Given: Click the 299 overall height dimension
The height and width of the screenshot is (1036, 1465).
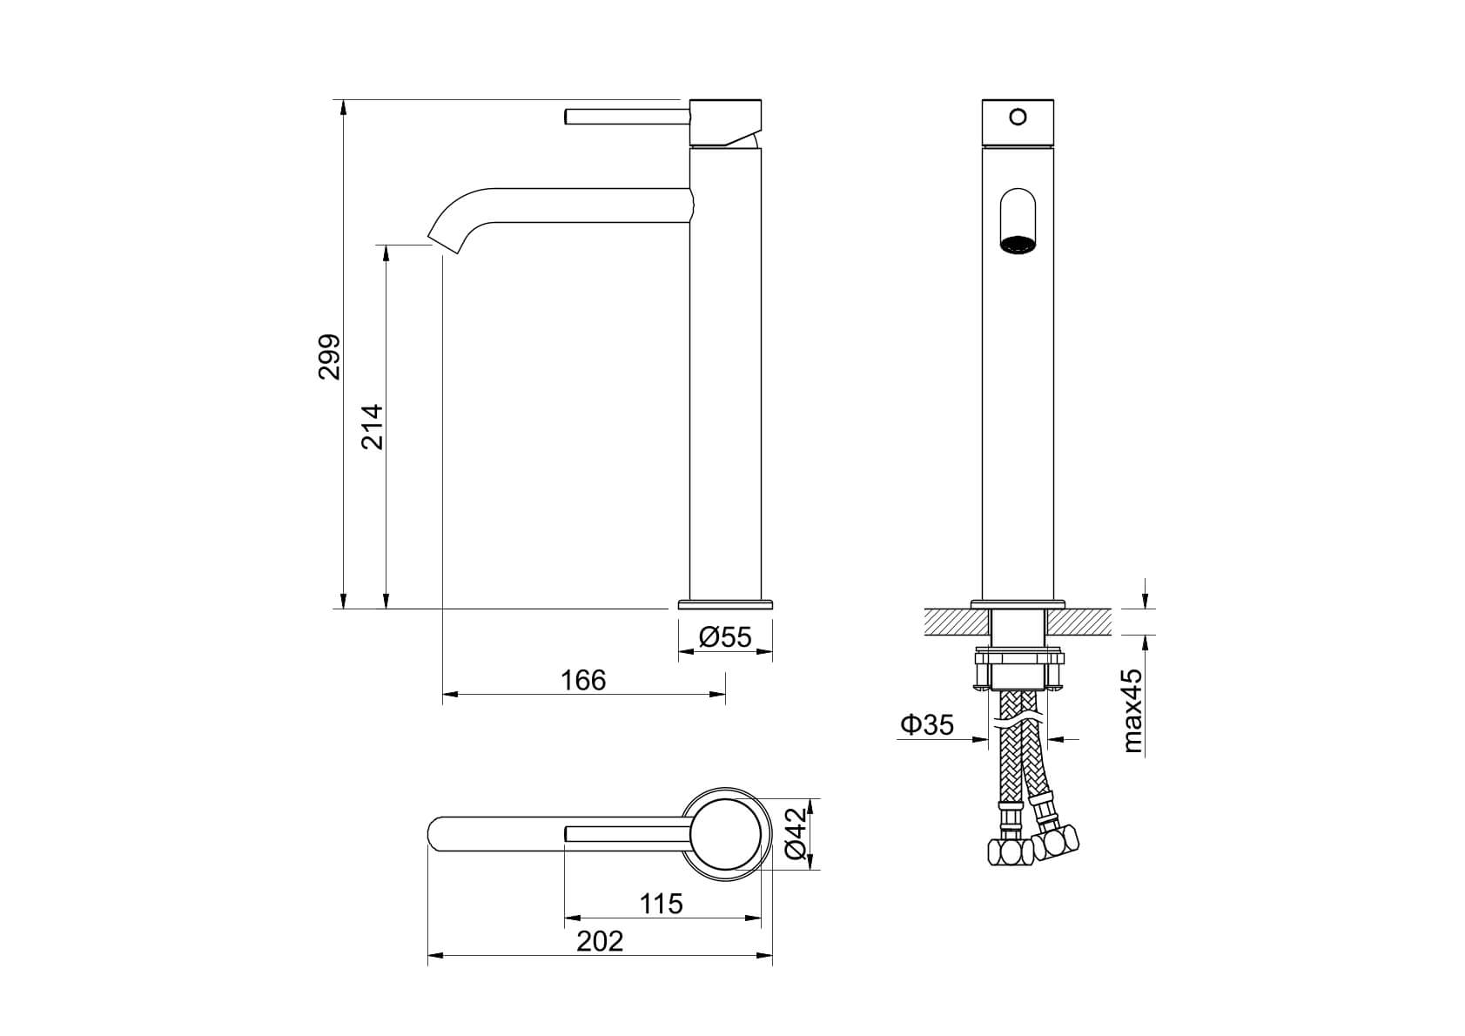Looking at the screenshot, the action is point(330,357).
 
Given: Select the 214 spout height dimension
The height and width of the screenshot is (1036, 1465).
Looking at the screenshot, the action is point(373,427).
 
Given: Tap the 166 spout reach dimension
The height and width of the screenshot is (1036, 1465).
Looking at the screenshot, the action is point(583,680).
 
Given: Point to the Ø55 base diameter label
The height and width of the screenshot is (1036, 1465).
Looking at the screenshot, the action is point(725,636).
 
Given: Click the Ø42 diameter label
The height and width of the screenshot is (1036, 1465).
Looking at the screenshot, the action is point(796,834).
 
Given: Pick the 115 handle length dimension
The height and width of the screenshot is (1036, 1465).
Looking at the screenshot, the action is point(662,904).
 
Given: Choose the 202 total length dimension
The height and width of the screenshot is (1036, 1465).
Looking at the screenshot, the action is point(600,941).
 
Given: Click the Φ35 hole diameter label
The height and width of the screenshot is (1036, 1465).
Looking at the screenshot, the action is point(927,724).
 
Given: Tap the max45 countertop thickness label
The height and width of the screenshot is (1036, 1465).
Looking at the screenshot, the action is point(1132,710).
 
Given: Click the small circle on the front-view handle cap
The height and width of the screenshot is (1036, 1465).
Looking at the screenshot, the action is point(1018,117).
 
